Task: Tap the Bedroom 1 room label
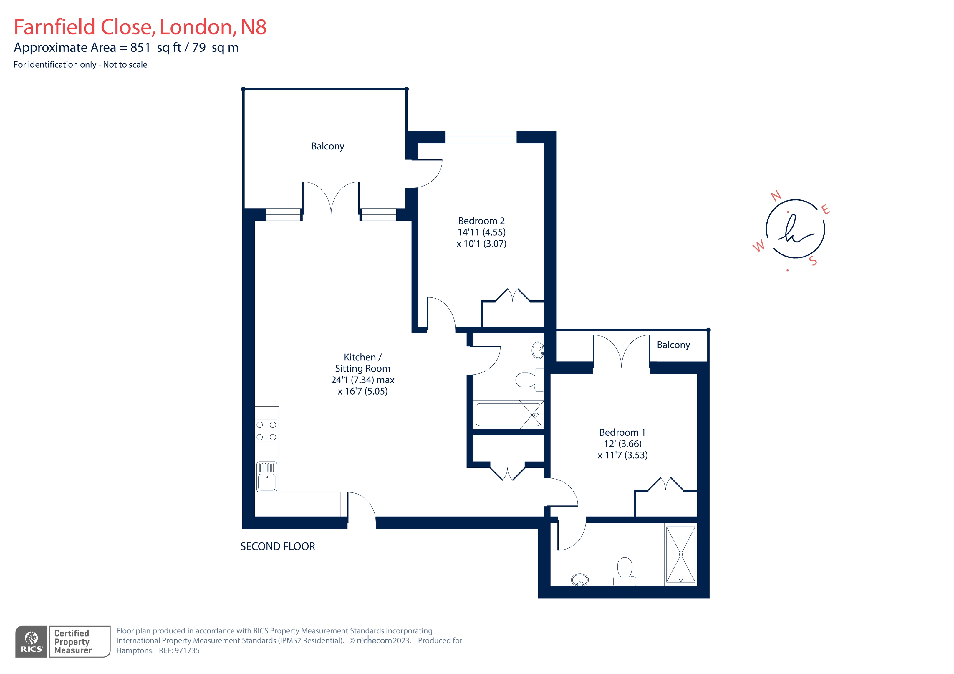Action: (622, 433)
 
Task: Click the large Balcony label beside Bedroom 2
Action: (327, 146)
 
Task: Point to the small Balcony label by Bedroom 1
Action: (673, 345)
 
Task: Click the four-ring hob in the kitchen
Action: (266, 431)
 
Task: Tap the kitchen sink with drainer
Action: (267, 477)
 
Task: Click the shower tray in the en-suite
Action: (680, 554)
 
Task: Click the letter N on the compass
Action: (776, 196)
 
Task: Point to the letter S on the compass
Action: (813, 261)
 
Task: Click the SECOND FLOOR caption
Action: (278, 547)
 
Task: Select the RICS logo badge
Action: (32, 642)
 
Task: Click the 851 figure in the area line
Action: (140, 48)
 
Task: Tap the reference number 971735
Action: (187, 651)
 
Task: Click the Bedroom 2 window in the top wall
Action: (481, 137)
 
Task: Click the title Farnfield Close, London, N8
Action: (140, 27)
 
